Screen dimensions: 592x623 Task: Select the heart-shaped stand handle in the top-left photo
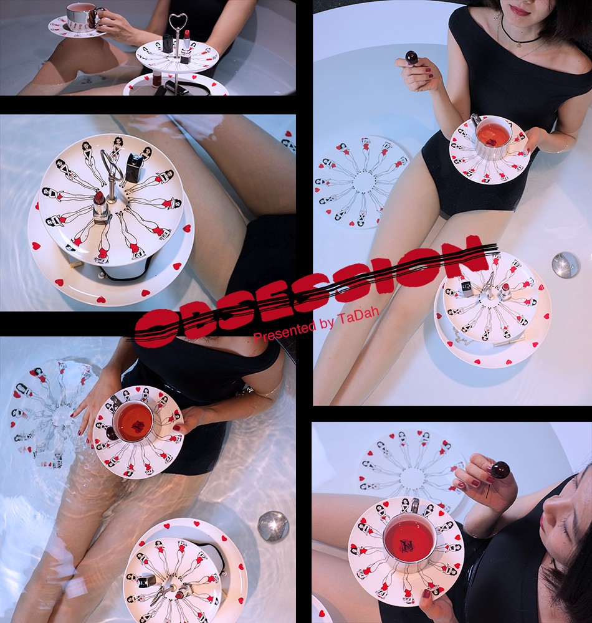click(178, 25)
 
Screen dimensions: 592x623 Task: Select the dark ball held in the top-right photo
click(411, 57)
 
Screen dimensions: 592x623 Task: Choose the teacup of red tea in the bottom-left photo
click(132, 423)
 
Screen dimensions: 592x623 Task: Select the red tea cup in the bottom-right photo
click(409, 543)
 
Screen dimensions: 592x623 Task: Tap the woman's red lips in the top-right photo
click(520, 9)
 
